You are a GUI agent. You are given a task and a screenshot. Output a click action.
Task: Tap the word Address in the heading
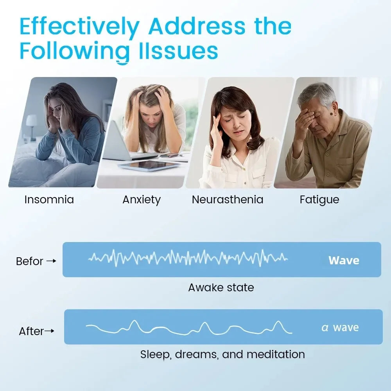(197, 27)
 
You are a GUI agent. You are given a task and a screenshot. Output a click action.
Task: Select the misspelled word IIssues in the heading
(178, 52)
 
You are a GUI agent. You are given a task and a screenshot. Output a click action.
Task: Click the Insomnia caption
(49, 200)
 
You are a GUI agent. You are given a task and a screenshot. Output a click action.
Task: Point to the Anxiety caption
(142, 200)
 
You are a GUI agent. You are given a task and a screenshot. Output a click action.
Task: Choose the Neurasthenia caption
(227, 200)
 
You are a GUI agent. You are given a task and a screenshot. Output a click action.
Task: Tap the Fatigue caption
(319, 200)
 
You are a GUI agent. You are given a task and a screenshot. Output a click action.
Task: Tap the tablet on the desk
(149, 166)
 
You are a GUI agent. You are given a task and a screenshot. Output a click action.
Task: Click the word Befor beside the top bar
(29, 261)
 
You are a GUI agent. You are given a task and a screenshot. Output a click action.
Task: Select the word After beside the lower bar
(31, 332)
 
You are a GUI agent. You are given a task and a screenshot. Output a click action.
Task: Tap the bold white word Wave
(344, 260)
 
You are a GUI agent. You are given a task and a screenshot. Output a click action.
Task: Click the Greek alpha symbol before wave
(325, 328)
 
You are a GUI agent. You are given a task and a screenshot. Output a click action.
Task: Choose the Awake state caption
(221, 288)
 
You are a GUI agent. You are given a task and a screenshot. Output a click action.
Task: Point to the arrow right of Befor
(51, 261)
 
